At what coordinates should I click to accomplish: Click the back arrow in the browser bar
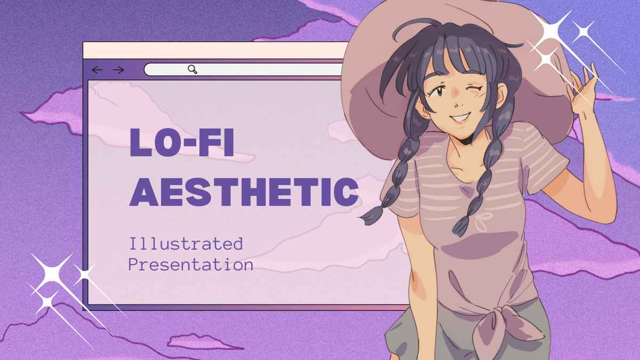97,70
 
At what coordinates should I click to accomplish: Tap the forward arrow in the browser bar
118,70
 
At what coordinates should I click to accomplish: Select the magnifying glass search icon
193,69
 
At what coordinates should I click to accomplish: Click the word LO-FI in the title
182,142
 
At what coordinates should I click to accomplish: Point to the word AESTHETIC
244,192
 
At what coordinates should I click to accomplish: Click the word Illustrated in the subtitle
186,244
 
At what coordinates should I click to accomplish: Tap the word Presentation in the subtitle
191,265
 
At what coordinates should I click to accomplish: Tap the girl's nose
458,104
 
